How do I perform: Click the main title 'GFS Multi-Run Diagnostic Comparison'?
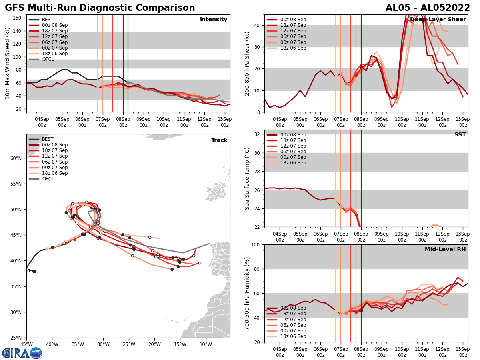[100, 8]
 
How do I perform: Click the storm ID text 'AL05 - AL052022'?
[428, 8]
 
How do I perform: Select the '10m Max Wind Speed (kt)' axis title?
[8, 63]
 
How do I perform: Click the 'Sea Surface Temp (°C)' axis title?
[247, 178]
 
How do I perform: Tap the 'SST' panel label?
[460, 135]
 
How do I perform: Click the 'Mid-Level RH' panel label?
[445, 250]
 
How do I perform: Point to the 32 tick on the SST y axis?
[258, 134]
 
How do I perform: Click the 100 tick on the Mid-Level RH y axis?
[256, 244]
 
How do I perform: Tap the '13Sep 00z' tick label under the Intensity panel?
[225, 122]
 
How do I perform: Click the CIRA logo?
[22, 353]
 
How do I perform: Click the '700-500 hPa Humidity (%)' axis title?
[247, 293]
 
